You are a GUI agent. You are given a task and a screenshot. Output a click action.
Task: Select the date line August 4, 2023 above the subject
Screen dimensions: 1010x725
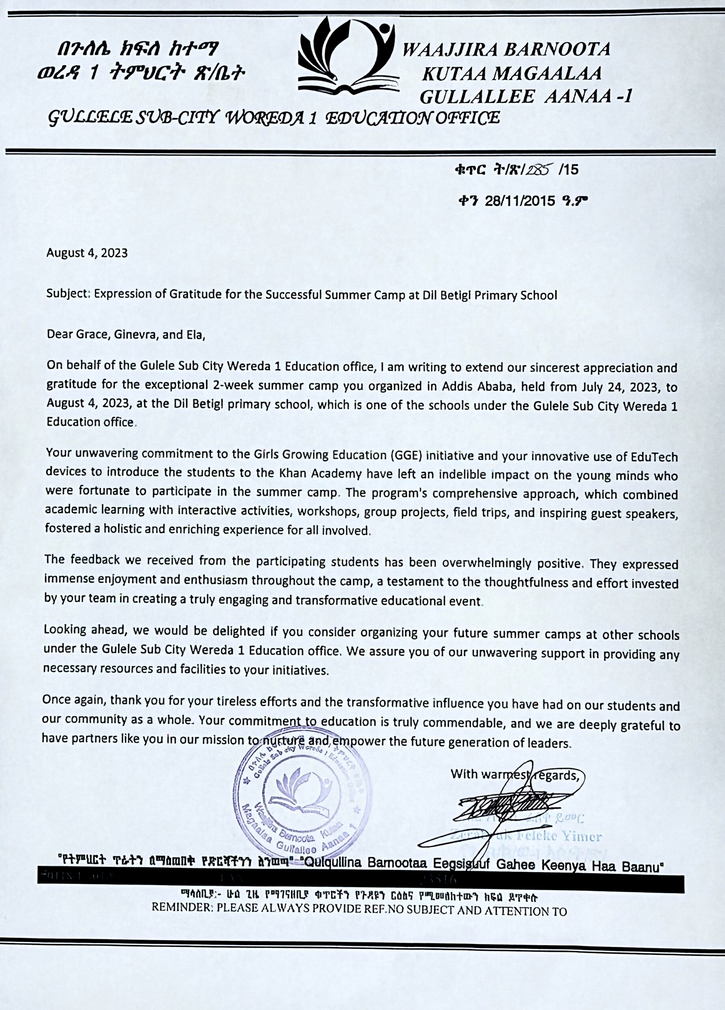pos(87,253)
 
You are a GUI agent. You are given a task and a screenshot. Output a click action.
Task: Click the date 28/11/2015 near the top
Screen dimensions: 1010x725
pos(520,201)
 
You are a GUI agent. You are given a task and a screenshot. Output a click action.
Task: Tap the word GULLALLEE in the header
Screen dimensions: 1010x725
pos(477,96)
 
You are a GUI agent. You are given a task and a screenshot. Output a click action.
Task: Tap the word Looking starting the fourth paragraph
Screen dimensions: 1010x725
pos(65,630)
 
